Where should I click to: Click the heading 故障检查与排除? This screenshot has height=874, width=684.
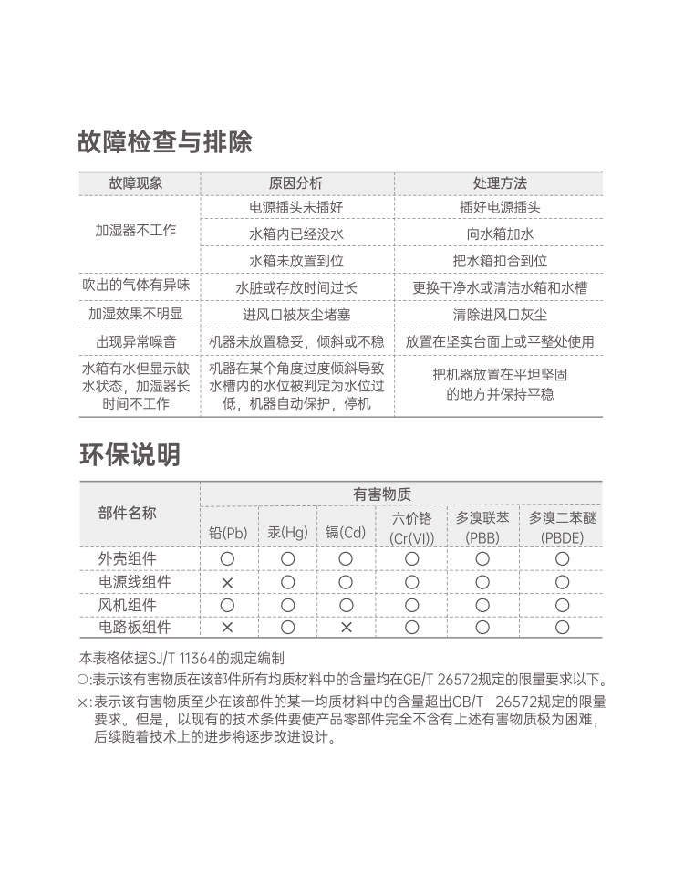(165, 142)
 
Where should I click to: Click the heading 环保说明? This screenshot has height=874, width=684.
(130, 454)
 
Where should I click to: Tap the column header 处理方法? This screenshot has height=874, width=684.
(500, 183)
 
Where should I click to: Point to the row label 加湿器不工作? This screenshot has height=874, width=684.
(136, 230)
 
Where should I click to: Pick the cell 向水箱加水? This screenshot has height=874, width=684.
(500, 234)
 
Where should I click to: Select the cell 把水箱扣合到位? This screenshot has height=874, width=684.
(500, 260)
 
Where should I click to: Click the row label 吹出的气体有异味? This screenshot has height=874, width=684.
(136, 286)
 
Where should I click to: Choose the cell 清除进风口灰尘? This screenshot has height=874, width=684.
(500, 314)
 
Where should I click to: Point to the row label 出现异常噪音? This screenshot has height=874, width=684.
(136, 341)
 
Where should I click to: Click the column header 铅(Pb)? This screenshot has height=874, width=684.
(228, 533)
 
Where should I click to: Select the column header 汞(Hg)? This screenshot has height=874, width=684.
(287, 533)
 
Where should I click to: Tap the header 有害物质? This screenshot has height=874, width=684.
(382, 494)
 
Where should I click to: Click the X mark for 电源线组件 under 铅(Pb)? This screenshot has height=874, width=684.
(228, 582)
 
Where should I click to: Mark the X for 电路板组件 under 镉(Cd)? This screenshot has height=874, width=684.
(346, 627)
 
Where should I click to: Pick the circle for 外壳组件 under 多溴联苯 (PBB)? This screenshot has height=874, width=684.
(482, 558)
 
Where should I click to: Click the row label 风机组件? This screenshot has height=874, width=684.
(128, 604)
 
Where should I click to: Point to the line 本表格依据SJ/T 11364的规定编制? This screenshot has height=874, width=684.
(181, 658)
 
